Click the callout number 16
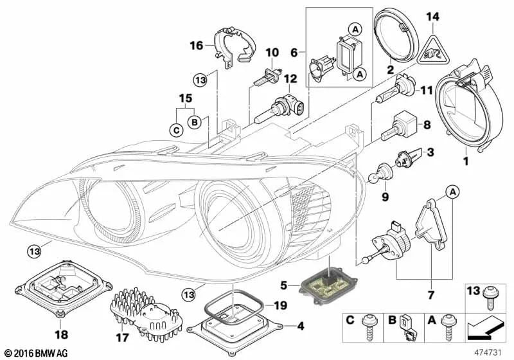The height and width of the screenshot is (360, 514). tap(196, 45)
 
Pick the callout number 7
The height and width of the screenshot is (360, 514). tap(430, 296)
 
